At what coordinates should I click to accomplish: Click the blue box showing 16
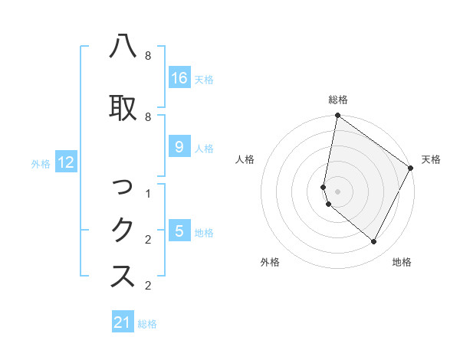(x=179, y=78)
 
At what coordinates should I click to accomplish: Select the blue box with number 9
(x=179, y=147)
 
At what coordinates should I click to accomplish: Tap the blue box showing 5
(x=179, y=231)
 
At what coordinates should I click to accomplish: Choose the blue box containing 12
(x=66, y=162)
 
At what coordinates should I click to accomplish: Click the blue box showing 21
(x=123, y=322)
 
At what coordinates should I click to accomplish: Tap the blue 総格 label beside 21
(x=147, y=324)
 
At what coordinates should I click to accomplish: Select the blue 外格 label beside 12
(x=41, y=163)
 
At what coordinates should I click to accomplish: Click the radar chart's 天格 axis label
(x=431, y=159)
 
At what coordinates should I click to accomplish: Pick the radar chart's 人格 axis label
(x=245, y=159)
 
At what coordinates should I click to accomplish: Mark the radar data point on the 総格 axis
(x=337, y=116)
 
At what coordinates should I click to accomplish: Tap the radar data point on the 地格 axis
(x=374, y=241)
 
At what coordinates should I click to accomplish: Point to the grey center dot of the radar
(x=337, y=191)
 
